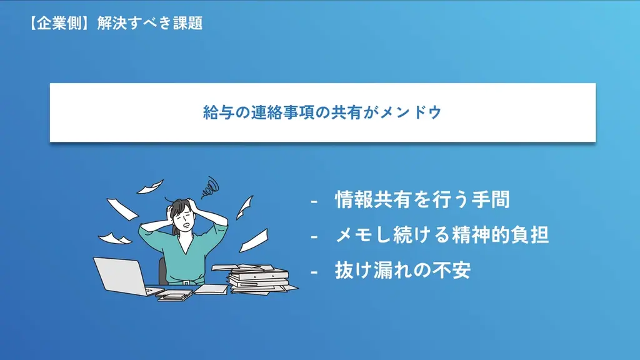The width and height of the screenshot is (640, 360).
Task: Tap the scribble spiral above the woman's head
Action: pos(211,186)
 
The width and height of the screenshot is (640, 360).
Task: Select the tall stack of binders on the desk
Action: pos(257,277)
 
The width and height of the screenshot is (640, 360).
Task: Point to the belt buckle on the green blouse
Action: pos(186,282)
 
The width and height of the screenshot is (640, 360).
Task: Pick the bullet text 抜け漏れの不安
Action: pos(402,271)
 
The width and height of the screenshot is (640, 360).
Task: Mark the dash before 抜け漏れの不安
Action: pos(314,272)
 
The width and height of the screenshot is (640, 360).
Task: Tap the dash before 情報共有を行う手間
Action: pos(314,201)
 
